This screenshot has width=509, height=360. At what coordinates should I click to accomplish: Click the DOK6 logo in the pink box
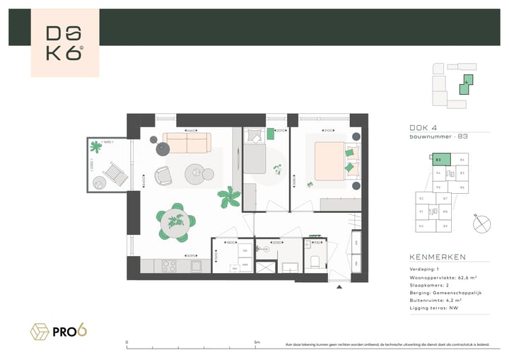(x=64, y=43)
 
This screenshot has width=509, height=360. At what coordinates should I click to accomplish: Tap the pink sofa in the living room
(x=187, y=144)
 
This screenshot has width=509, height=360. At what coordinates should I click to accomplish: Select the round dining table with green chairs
(x=173, y=221)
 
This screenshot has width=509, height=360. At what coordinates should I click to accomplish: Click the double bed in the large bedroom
(x=330, y=158)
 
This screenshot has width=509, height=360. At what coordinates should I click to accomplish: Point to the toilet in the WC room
(x=315, y=262)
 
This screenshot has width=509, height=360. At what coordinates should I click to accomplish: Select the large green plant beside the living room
(x=228, y=197)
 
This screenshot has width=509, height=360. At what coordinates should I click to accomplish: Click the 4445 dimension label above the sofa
(x=190, y=131)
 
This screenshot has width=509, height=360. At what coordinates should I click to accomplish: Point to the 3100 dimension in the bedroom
(x=327, y=131)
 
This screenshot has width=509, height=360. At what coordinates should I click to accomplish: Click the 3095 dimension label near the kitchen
(x=190, y=255)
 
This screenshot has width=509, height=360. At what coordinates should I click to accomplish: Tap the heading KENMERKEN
(x=437, y=257)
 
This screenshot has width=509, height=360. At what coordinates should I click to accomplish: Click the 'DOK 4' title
(x=422, y=127)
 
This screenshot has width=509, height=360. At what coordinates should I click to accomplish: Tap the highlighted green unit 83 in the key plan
(x=438, y=161)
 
